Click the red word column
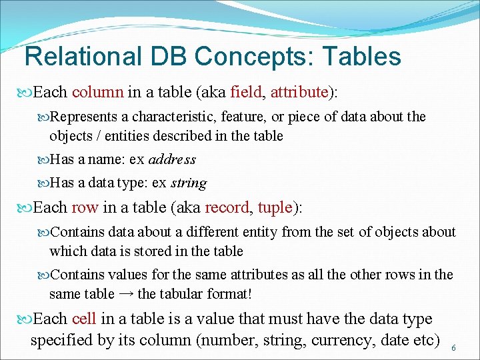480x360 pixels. (97, 91)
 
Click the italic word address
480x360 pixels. (172, 159)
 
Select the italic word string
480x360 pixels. (189, 183)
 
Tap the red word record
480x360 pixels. (227, 207)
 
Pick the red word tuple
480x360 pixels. (275, 207)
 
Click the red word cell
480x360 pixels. (85, 319)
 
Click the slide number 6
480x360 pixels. (454, 348)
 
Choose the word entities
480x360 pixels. (119, 136)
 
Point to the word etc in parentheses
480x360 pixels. (423, 340)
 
